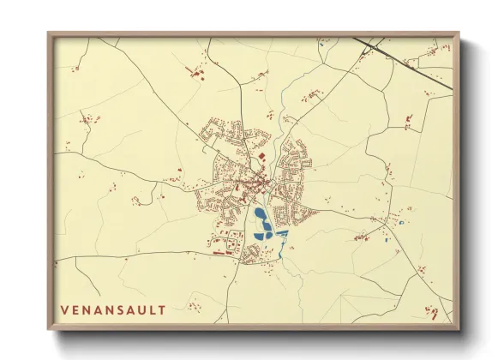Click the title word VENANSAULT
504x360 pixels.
[112, 308]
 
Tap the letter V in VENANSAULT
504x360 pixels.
[64, 308]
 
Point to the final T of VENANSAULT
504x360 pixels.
[162, 308]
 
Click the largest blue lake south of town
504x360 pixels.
[261, 216]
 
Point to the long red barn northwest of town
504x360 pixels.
[200, 75]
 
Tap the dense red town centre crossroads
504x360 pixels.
[255, 183]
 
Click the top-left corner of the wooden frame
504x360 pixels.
[50, 35]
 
